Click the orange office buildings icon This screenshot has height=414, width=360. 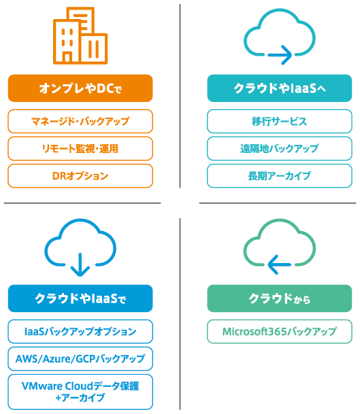[80, 35]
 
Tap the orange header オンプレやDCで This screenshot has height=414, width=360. [80, 88]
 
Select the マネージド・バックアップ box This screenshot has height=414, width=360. [80, 121]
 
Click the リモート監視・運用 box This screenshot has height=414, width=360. [80, 148]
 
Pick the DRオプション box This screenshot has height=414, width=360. [80, 176]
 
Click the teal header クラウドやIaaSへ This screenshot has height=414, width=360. [280, 88]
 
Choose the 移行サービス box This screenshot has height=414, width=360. [280, 121]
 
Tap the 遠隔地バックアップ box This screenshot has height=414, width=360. [280, 148]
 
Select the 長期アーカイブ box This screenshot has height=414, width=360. [280, 176]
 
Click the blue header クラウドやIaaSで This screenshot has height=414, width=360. [80, 298]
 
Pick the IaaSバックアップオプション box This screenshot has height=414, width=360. [80, 331]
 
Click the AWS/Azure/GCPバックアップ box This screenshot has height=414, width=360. [80, 359]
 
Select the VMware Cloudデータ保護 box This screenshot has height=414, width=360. [80, 392]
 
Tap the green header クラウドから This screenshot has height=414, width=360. [280, 298]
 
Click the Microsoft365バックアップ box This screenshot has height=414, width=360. [280, 331]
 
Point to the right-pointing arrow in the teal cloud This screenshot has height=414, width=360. [280, 54]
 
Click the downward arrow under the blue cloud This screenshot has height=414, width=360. [80, 264]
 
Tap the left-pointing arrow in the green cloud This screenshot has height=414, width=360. [280, 264]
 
